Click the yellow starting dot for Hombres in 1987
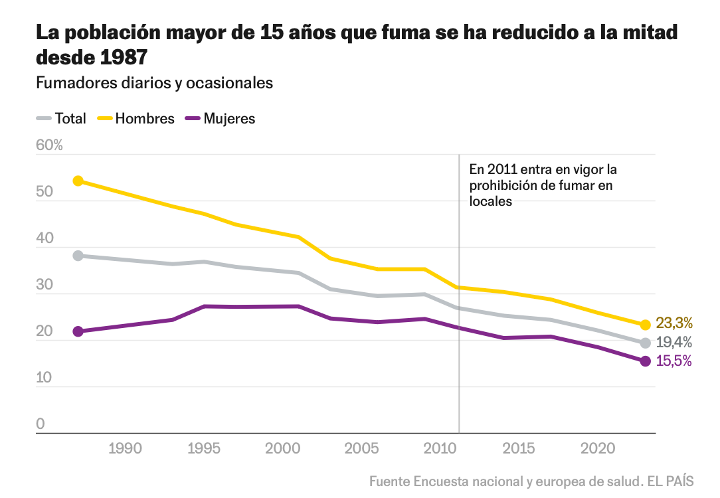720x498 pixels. pyautogui.click(x=78, y=181)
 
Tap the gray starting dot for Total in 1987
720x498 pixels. pyautogui.click(x=78, y=256)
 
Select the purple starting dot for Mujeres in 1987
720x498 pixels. pyautogui.click(x=78, y=331)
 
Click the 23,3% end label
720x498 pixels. pyautogui.click(x=674, y=323)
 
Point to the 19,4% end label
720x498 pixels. pyautogui.click(x=674, y=343)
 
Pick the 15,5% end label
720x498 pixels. pyautogui.click(x=674, y=361)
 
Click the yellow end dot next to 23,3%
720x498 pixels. pyautogui.click(x=645, y=325)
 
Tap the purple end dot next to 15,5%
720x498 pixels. pyautogui.click(x=645, y=361)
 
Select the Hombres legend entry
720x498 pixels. pyautogui.click(x=144, y=119)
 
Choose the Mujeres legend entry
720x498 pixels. pyautogui.click(x=229, y=119)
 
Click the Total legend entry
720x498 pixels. pyautogui.click(x=70, y=119)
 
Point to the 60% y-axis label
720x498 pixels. pyautogui.click(x=49, y=145)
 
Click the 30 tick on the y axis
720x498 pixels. pyautogui.click(x=44, y=285)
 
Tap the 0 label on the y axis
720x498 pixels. pyautogui.click(x=40, y=424)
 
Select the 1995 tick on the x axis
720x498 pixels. pyautogui.click(x=204, y=449)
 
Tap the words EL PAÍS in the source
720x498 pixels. pyautogui.click(x=672, y=481)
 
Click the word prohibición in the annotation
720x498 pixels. pyautogui.click(x=503, y=185)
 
